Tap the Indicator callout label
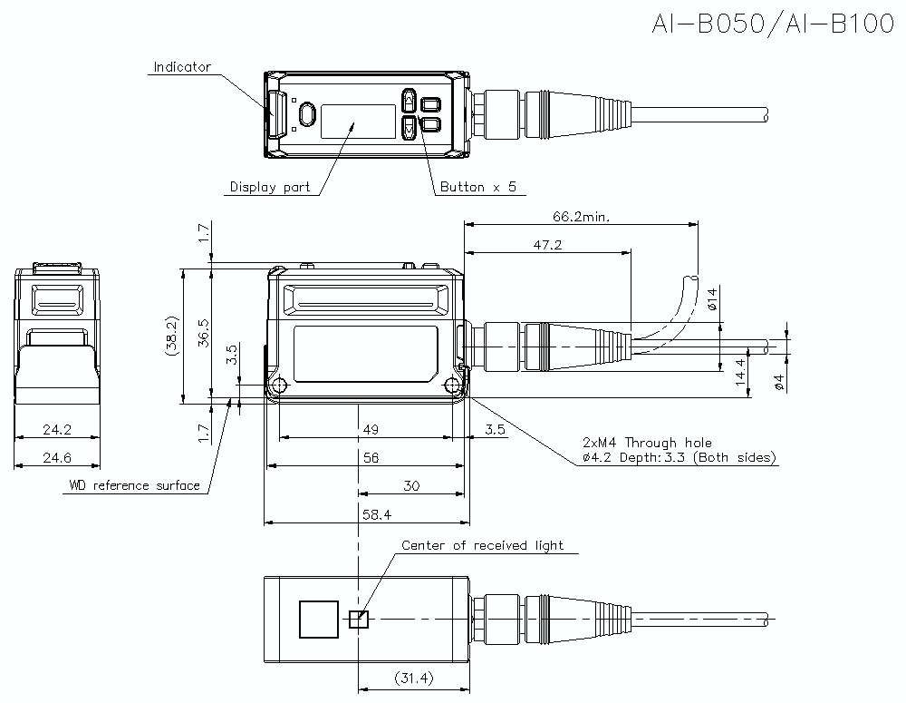coord(181,67)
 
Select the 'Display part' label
coord(269,188)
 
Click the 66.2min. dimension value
coord(581,217)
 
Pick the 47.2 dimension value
coord(545,245)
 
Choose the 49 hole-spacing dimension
coord(369,429)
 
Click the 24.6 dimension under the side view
coord(56,458)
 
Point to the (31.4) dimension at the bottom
coord(414,679)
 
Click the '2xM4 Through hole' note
coord(647,443)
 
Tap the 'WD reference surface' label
coord(134,485)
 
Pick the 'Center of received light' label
coord(482,545)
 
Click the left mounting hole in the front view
coord(279,386)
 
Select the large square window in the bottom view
coord(318,620)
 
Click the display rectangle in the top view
coord(358,121)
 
